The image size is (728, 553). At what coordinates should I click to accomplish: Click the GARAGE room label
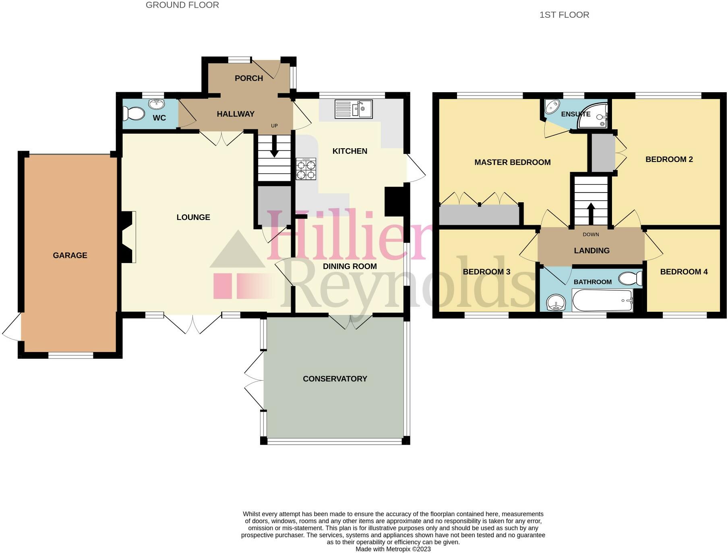pyautogui.click(x=70, y=255)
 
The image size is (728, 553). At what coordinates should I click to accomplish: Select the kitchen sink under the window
pyautogui.click(x=354, y=109)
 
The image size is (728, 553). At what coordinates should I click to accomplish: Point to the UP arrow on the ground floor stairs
pyautogui.click(x=274, y=147)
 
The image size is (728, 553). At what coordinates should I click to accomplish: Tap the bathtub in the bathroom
pyautogui.click(x=602, y=301)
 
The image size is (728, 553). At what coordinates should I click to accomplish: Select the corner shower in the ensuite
pyautogui.click(x=594, y=116)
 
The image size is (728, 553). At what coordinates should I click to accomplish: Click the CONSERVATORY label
pyautogui.click(x=335, y=379)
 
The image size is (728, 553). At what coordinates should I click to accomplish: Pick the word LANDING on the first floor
pyautogui.click(x=591, y=251)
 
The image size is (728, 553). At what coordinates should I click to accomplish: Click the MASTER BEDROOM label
pyautogui.click(x=512, y=162)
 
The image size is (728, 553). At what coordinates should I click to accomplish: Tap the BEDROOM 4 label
pyautogui.click(x=684, y=272)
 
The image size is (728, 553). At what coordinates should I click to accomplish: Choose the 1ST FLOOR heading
pyautogui.click(x=564, y=15)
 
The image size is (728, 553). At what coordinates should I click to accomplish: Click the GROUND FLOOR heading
pyautogui.click(x=182, y=5)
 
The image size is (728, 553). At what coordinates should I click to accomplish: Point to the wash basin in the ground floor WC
pyautogui.click(x=156, y=104)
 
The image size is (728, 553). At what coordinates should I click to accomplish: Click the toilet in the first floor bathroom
pyautogui.click(x=631, y=278)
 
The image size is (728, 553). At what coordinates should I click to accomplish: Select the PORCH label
pyautogui.click(x=249, y=78)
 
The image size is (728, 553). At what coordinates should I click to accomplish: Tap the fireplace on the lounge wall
pyautogui.click(x=128, y=237)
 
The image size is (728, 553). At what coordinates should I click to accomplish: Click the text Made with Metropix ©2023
pyautogui.click(x=393, y=549)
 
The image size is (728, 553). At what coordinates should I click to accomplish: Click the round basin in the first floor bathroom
pyautogui.click(x=556, y=302)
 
